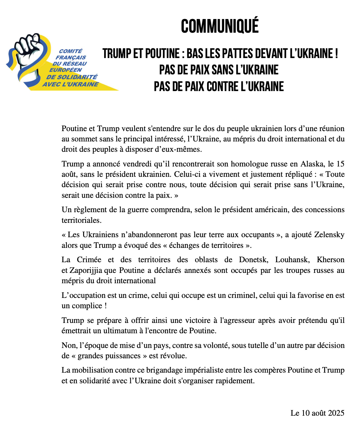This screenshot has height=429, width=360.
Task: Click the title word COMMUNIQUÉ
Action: (220, 26)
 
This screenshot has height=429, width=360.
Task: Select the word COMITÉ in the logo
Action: (70, 51)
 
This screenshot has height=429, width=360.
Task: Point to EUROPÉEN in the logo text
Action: (65, 70)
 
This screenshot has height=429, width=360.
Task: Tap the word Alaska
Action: (312, 164)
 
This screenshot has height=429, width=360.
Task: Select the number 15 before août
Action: (340, 164)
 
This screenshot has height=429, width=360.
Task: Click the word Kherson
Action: (330, 260)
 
